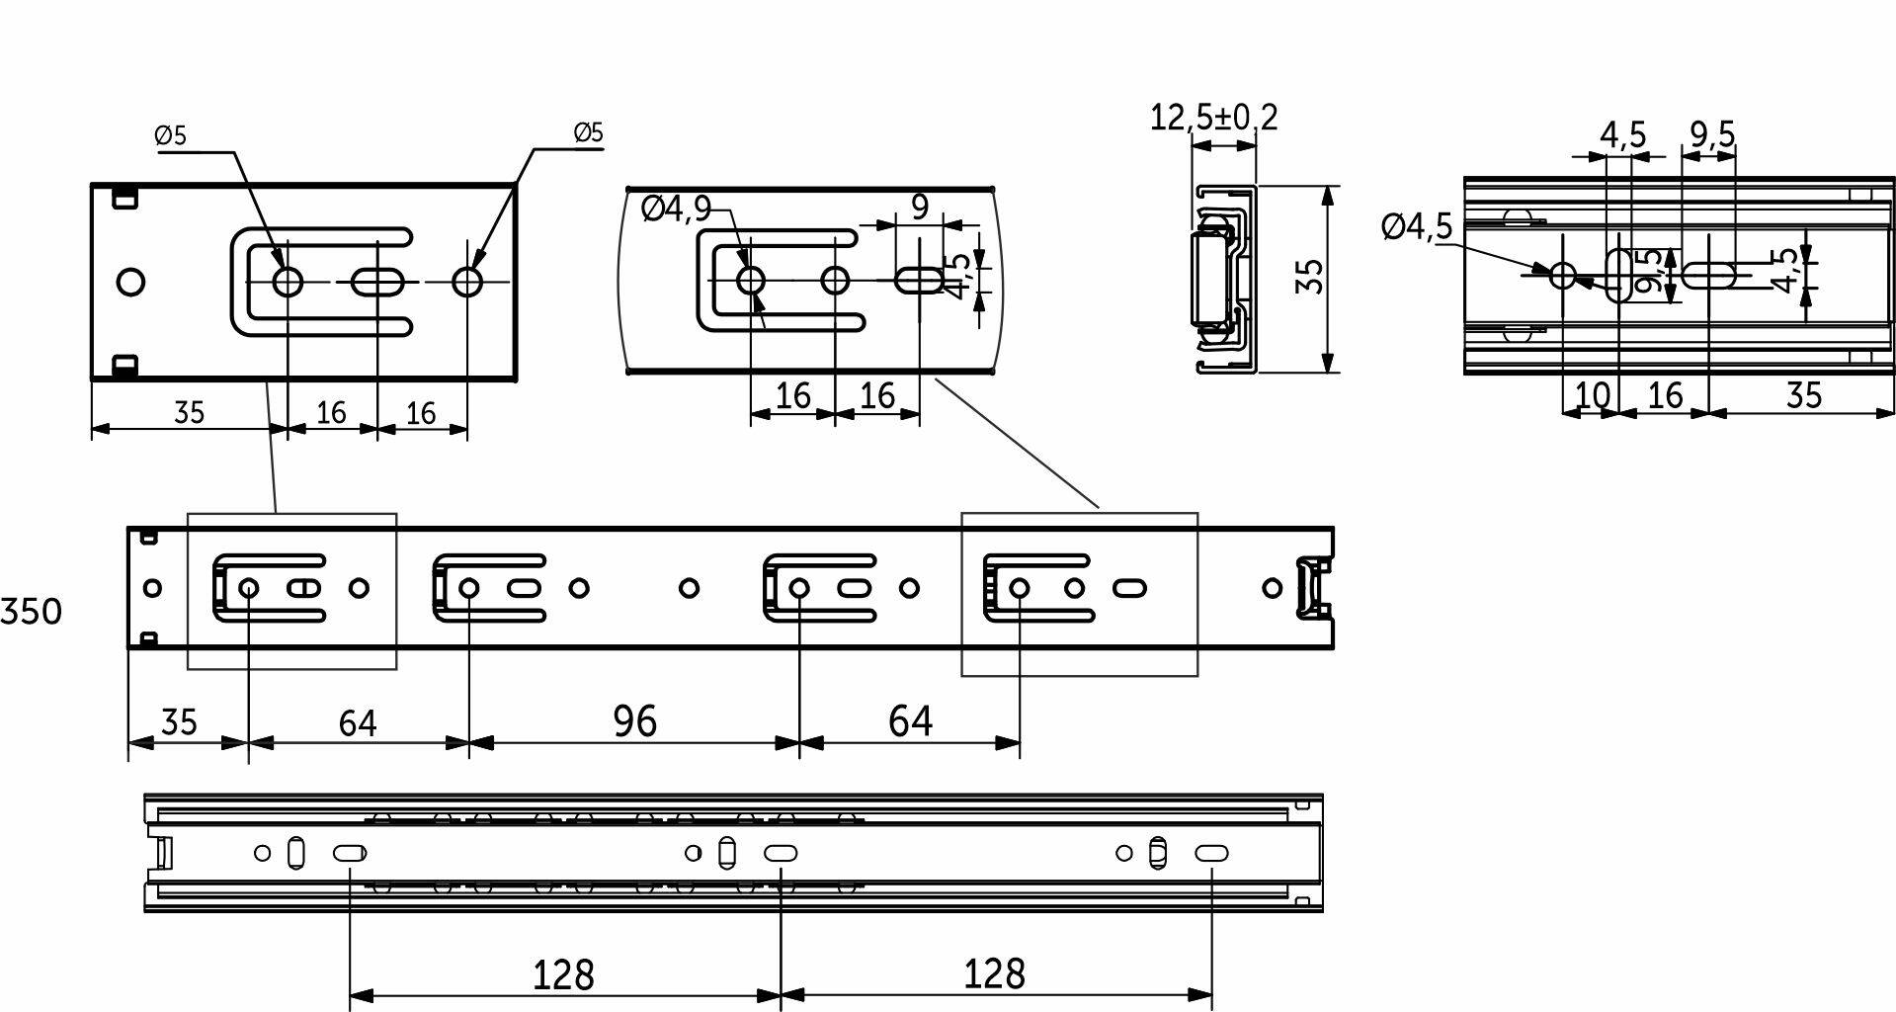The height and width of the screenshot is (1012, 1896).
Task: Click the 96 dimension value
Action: coord(634,721)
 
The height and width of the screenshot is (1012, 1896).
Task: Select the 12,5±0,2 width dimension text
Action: coord(1213,118)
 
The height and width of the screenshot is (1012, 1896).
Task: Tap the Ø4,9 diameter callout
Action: coord(676,209)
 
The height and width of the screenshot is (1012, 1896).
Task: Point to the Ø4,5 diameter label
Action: coord(1417,227)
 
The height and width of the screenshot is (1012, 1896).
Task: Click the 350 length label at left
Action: coord(31,612)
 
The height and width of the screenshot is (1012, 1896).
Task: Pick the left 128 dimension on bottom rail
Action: coord(563,975)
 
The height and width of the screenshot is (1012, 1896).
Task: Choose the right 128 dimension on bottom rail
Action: coord(995,973)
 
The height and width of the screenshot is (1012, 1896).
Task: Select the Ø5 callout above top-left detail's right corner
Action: coord(588,132)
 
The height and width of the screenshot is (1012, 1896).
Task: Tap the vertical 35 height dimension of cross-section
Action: coord(1308,278)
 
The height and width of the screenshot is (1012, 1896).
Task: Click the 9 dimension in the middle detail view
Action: coord(919,208)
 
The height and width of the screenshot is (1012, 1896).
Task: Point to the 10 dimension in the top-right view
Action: coord(1591,395)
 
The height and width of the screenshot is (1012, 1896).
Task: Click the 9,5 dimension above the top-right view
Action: coord(1712,133)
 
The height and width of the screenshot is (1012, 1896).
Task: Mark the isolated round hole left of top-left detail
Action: coord(129,283)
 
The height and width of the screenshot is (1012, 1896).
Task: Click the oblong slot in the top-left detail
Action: coord(377,283)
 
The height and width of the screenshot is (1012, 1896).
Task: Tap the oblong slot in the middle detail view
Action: coord(920,281)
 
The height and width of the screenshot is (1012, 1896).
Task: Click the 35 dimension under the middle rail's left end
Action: coord(179,722)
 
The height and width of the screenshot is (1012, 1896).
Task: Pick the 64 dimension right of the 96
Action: coord(909,721)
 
